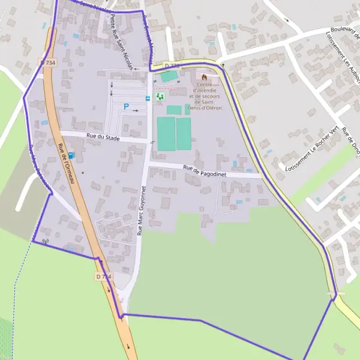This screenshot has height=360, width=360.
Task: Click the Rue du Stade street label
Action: point(103,138)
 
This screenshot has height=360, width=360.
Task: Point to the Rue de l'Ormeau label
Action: point(66,164)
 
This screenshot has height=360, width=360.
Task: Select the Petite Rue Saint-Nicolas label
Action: point(121,43)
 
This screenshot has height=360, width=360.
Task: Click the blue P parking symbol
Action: point(126,107)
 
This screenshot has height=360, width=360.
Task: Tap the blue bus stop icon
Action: point(148,98)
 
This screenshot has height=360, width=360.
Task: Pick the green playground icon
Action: point(160,96)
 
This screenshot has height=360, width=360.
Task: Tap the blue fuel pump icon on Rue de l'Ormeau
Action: point(71,155)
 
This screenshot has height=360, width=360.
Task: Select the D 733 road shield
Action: point(172,65)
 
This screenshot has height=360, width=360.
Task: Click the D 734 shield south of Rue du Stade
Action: point(103,277)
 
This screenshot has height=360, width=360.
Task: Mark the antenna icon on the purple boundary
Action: point(45,242)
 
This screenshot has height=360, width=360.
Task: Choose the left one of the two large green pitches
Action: point(165,134)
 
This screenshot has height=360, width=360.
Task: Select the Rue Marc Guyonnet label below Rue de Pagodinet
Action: point(142,210)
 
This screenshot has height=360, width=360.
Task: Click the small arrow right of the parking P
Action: point(136,110)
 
